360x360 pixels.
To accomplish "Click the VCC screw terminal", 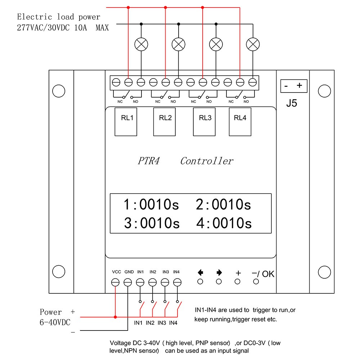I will tap(116, 283).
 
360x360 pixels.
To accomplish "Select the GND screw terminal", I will tap(128, 283).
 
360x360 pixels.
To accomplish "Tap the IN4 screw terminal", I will tap(177, 283).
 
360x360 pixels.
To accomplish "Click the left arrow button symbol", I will tap(201, 273).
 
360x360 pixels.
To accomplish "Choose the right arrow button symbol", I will tap(219, 273).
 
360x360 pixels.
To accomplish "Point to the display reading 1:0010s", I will tap(151, 204).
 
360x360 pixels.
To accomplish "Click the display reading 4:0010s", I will tap(224, 223).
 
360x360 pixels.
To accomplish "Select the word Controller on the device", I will tap(207, 161).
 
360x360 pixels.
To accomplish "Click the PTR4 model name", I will tap(148, 161).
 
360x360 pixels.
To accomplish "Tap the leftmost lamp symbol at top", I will tap(141, 45).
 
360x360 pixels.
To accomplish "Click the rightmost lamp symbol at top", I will tap(253, 45).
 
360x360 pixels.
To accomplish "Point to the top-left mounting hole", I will tap(58, 91).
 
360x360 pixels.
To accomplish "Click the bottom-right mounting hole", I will tap(325, 271).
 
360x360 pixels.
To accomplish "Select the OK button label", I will tap(268, 274).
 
